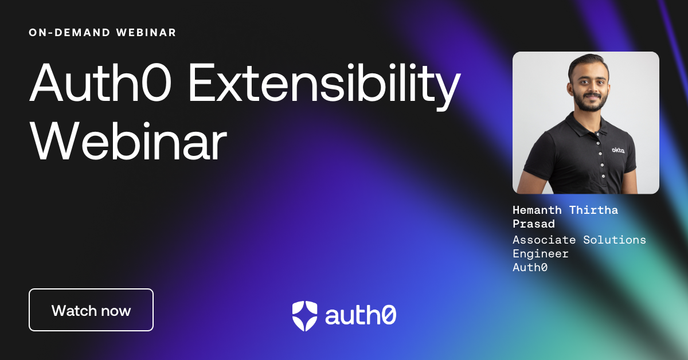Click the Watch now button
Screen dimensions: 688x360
(91, 310)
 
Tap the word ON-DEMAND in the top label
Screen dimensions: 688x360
(69, 33)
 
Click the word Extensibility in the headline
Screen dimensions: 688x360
(324, 83)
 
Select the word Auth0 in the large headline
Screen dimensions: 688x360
(100, 83)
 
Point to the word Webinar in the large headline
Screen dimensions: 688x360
(128, 141)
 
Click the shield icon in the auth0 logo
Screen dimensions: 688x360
(304, 316)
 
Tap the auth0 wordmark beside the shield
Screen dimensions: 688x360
(361, 315)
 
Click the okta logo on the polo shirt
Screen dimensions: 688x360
(618, 150)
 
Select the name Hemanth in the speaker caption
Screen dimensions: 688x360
(537, 210)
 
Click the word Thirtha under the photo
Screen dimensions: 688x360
(593, 210)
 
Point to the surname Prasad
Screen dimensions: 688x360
(534, 224)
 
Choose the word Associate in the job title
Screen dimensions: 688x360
(544, 240)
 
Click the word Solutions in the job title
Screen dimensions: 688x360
(615, 240)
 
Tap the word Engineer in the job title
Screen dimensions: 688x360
(541, 254)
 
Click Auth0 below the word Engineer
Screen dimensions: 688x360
(530, 268)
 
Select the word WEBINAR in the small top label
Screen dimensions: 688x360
(146, 33)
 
